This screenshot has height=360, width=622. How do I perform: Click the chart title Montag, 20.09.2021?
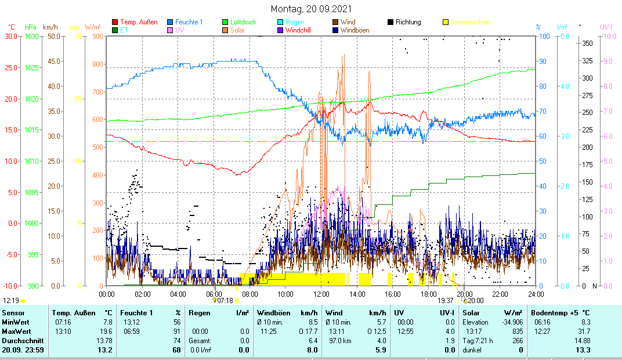tap(311, 9)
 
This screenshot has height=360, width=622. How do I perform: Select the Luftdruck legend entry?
tap(243, 22)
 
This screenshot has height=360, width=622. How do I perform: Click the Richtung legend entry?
tap(408, 22)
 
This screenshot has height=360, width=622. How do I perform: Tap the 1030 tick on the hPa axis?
tap(32, 36)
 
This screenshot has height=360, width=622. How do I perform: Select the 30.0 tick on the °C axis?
tap(11, 36)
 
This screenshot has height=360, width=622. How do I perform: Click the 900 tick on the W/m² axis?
tap(97, 36)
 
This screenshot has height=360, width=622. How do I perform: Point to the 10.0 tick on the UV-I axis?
tap(609, 36)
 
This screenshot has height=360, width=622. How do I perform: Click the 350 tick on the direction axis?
tap(587, 43)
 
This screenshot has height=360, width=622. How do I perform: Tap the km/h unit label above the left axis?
tap(50, 27)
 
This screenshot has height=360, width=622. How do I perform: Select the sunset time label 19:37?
tap(446, 301)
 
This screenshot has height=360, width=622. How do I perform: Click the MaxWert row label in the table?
tap(15, 332)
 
